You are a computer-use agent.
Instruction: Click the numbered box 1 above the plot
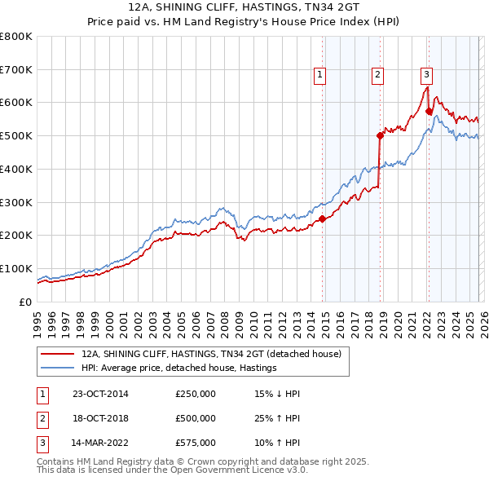tap(319, 75)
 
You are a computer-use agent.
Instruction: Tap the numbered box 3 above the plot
tap(426, 75)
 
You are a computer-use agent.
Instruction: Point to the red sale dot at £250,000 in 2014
tap(323, 218)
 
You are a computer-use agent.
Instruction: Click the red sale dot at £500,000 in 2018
tap(380, 136)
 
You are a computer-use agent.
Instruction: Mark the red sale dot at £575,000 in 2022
tap(429, 112)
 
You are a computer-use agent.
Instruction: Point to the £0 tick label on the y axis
tap(24, 302)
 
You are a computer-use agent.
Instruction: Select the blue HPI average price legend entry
tap(178, 368)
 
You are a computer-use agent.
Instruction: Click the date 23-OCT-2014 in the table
tap(100, 394)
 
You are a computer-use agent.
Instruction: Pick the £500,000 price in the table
tap(196, 418)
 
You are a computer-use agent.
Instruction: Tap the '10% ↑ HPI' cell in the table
tap(278, 443)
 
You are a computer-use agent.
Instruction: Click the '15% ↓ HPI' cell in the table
tap(278, 394)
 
